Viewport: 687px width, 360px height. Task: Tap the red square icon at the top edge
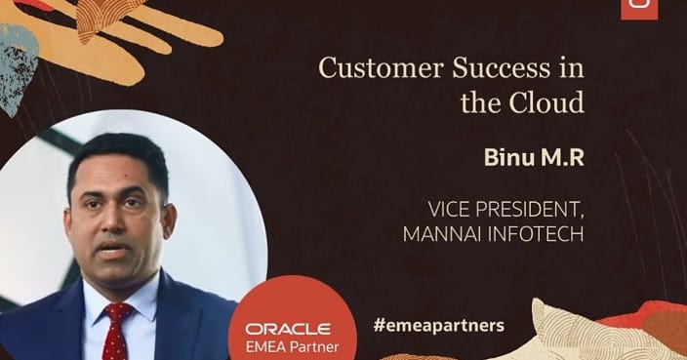(639, 7)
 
